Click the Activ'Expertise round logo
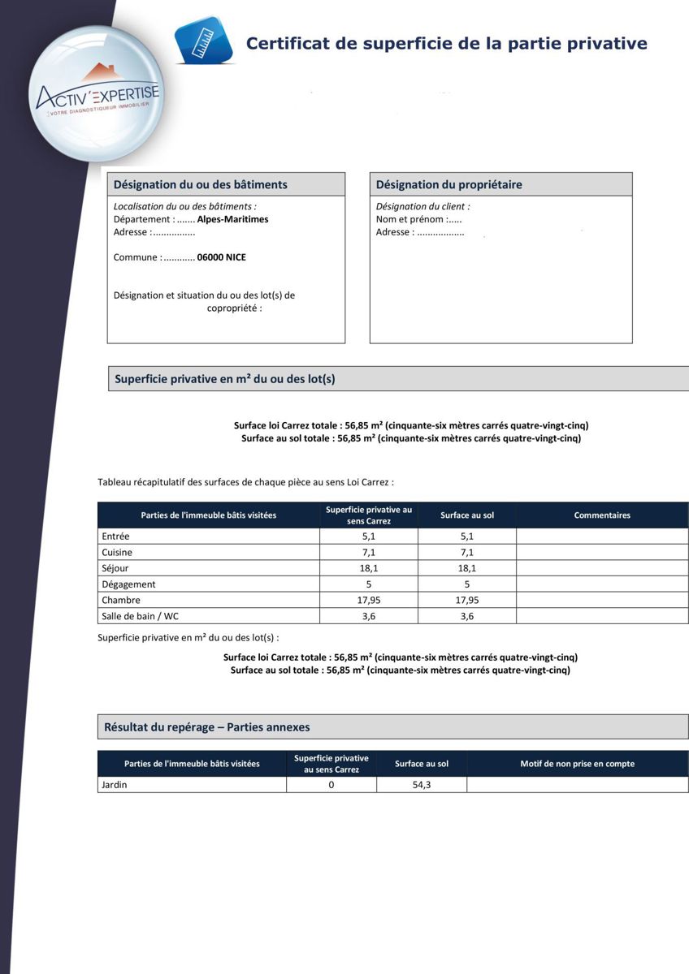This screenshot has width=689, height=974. pyautogui.click(x=96, y=94)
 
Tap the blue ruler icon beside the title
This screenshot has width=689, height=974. pyautogui.click(x=204, y=41)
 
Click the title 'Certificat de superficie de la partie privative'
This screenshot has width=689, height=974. pyautogui.click(x=446, y=44)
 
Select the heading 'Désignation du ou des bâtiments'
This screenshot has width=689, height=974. pyautogui.click(x=200, y=184)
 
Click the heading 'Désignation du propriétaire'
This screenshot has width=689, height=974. pyautogui.click(x=448, y=184)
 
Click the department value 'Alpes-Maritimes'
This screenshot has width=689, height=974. pyautogui.click(x=232, y=219)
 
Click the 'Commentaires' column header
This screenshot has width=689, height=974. pyautogui.click(x=601, y=515)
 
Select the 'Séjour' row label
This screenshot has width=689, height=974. pyautogui.click(x=115, y=568)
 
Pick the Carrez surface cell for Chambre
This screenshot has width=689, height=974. pyautogui.click(x=369, y=601)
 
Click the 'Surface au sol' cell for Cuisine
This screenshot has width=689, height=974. pyautogui.click(x=466, y=552)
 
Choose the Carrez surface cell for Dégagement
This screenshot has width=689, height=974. pyautogui.click(x=369, y=584)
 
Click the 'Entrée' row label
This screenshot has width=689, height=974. pyautogui.click(x=116, y=537)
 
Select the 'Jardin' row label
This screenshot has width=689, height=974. pyautogui.click(x=114, y=785)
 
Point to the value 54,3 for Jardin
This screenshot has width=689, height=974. pyautogui.click(x=421, y=785)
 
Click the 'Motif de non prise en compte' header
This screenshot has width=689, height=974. pyautogui.click(x=577, y=764)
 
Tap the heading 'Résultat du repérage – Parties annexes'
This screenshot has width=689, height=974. pyautogui.click(x=206, y=727)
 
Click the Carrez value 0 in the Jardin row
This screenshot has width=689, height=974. pyautogui.click(x=331, y=785)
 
